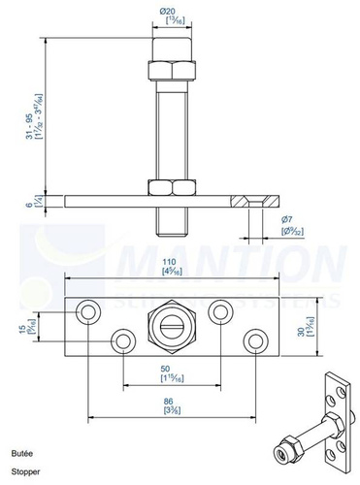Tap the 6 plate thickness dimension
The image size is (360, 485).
[31, 201]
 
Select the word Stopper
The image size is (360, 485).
[23, 470]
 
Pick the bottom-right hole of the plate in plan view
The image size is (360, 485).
[255, 341]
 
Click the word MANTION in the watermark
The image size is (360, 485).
[233, 265]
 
